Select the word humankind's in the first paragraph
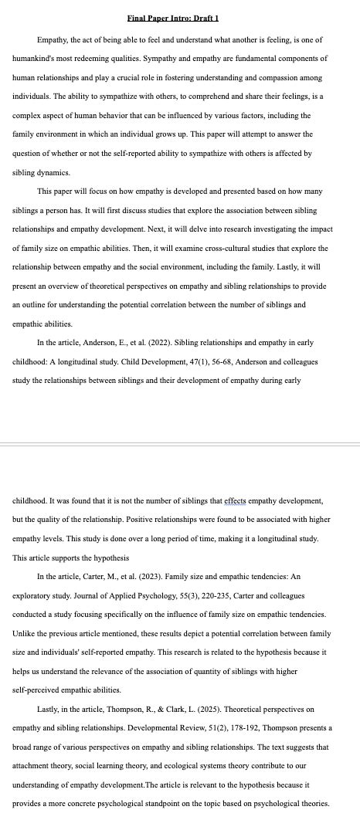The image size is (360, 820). tap(34, 58)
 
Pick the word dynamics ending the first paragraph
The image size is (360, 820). tap(54, 173)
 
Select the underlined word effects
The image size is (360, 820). tap(218, 500)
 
